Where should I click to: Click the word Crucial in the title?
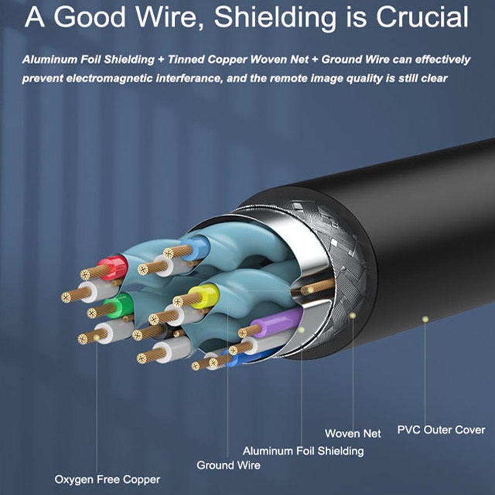point(422,18)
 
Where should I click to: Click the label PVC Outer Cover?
point(441,430)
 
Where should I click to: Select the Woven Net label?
point(353,434)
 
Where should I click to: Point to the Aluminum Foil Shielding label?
point(303,451)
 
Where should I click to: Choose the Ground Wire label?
point(228,465)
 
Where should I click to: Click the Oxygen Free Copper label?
point(107,479)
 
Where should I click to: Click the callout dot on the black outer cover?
point(425,319)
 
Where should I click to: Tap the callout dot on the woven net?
point(352,315)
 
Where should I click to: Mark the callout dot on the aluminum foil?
point(301,329)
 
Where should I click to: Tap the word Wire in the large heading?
point(175,18)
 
